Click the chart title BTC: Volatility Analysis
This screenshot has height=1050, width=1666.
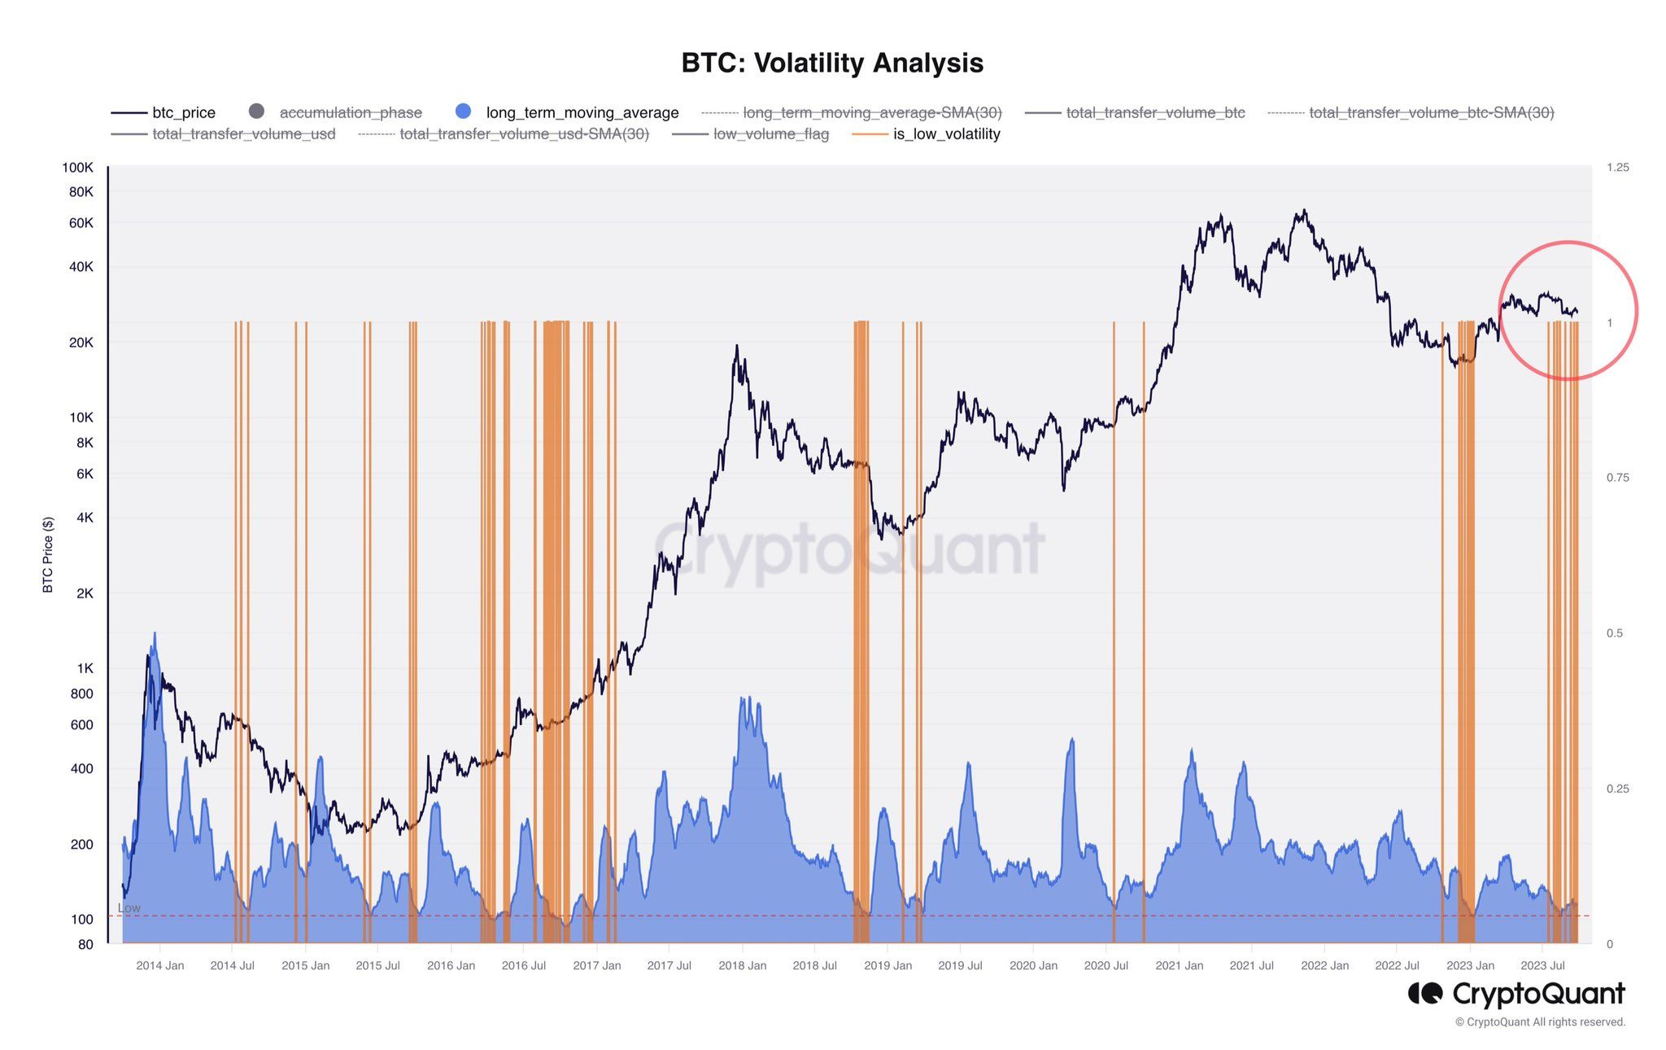point(832,63)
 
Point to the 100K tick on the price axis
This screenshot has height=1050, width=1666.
point(78,168)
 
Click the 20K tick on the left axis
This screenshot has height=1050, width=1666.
point(81,343)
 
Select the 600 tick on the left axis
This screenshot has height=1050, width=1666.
point(82,724)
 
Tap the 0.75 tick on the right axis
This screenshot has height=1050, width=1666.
point(1618,478)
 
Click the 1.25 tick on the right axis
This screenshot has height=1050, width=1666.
point(1618,168)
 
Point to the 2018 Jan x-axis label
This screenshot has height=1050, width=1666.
point(742,965)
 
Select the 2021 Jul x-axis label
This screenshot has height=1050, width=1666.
point(1251,965)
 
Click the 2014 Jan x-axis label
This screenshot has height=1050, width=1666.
point(159,965)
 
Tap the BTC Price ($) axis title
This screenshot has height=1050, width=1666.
point(48,554)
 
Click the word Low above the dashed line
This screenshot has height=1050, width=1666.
point(129,908)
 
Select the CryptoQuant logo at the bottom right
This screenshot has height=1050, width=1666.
point(1516,994)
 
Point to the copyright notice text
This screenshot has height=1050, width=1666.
point(1540,1022)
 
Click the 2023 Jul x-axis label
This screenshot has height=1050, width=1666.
point(1542,965)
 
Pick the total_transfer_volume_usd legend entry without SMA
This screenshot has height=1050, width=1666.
point(243,134)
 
